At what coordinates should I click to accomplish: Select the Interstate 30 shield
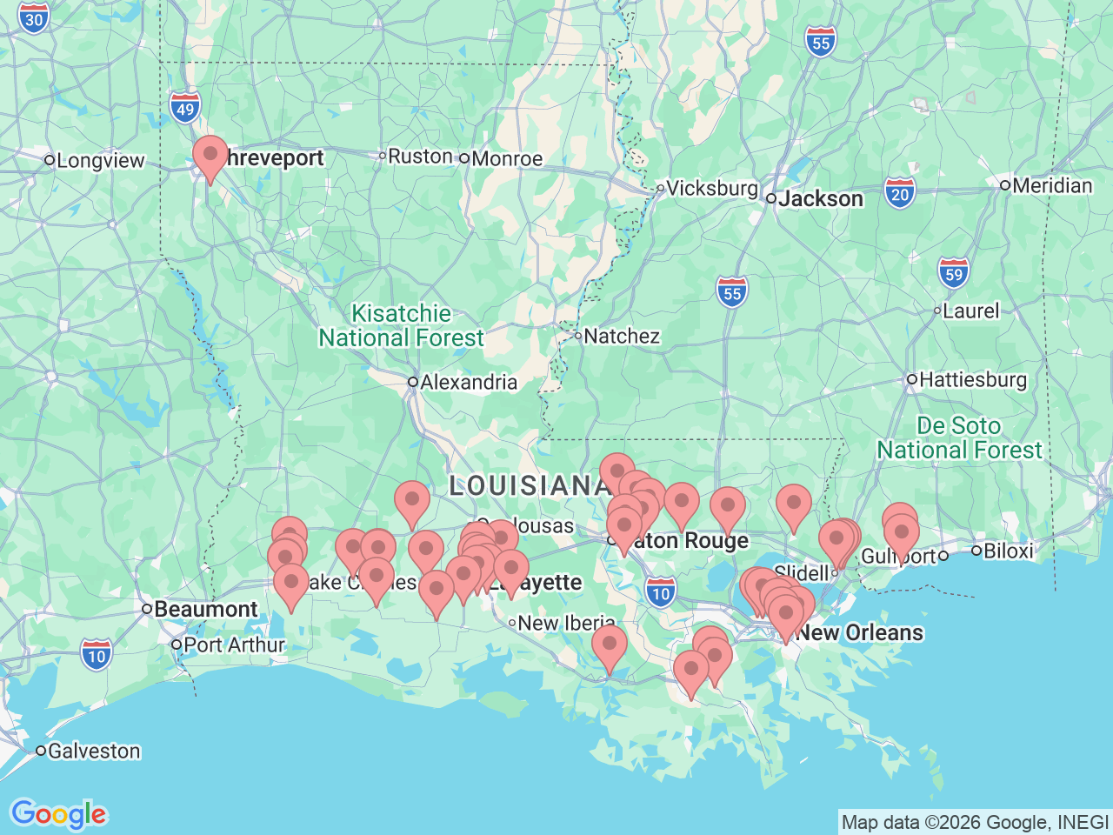(x=34, y=18)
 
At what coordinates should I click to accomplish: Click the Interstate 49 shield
(x=185, y=109)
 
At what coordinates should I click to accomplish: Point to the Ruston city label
(x=420, y=157)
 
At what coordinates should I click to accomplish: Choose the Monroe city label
(x=507, y=159)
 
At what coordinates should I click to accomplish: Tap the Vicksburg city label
(x=711, y=188)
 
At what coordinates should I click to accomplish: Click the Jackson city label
(x=820, y=199)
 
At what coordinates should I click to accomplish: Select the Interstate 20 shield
(x=900, y=194)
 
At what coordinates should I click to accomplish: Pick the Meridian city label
(x=1051, y=186)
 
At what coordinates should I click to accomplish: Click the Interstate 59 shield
(x=954, y=274)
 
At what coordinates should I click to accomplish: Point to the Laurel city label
(x=970, y=311)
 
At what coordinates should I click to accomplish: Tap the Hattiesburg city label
(x=972, y=380)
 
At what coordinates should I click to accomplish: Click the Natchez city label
(x=621, y=336)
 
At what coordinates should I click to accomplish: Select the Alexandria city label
(x=468, y=383)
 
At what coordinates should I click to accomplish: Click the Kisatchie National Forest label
(x=401, y=326)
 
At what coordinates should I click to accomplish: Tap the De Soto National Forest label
(x=959, y=438)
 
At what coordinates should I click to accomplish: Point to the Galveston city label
(x=93, y=751)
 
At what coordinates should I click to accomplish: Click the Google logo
(x=58, y=815)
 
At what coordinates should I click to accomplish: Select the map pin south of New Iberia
(x=610, y=645)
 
